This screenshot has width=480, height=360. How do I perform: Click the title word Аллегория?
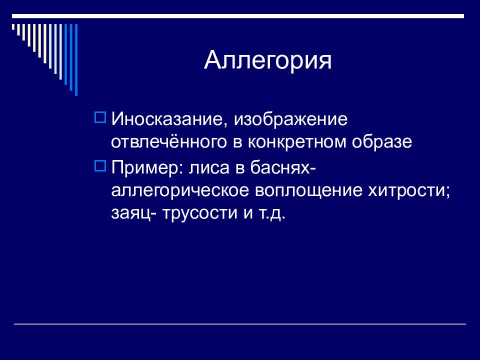[268, 60]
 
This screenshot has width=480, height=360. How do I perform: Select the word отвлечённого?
[168, 141]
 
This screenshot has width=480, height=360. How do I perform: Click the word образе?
[382, 141]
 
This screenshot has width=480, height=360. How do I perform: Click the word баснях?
[280, 167]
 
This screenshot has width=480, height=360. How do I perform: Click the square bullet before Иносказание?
[100, 117]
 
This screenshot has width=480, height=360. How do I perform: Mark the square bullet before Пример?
[100, 165]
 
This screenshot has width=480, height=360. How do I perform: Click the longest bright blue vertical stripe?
[76, 60]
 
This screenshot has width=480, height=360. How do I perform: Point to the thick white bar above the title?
[238, 16]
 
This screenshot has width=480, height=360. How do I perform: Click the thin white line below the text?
[240, 323]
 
